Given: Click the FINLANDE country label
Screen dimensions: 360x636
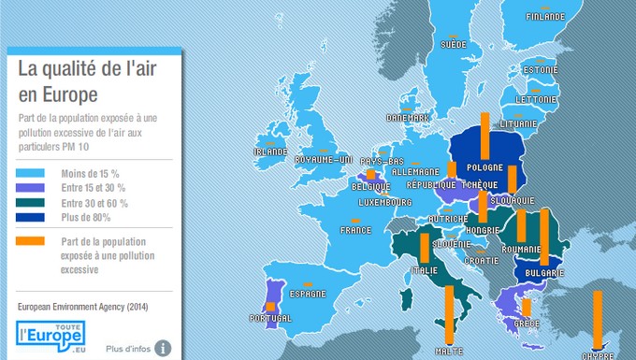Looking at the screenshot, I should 544,17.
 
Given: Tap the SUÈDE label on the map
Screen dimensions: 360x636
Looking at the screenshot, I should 453,45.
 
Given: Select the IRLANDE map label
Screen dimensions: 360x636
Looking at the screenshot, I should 270,151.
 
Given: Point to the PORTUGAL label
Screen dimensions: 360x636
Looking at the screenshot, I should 270,318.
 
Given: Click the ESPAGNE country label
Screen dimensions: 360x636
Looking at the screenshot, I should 308,293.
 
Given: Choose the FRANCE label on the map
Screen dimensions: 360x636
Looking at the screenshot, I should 354,230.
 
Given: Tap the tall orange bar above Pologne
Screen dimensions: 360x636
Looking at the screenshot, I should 485,136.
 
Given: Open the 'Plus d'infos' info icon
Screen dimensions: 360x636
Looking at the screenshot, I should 164,348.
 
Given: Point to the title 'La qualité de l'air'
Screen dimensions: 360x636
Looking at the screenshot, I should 83,68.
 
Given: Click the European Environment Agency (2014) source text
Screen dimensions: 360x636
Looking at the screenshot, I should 82,306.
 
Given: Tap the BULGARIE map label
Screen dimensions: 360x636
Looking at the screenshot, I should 544,273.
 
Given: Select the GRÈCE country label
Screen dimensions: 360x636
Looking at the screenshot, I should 526,324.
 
